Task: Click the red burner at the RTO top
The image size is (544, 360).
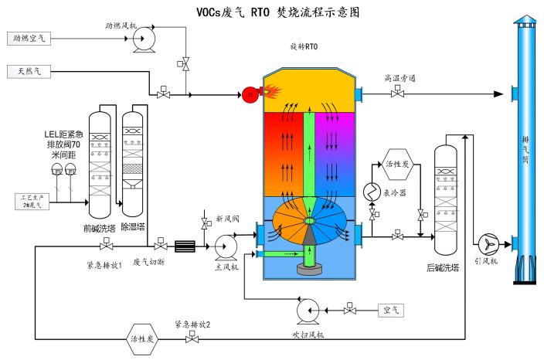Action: click(250, 96)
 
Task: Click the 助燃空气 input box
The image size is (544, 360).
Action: click(29, 37)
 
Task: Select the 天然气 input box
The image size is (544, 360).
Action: click(29, 72)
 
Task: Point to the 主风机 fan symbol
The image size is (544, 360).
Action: click(223, 247)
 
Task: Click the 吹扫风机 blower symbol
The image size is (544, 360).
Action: click(308, 311)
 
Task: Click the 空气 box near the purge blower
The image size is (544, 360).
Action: click(390, 311)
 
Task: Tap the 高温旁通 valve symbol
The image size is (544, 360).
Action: click(396, 94)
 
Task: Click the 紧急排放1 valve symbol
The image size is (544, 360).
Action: click(104, 246)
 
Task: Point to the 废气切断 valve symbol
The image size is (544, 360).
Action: click(161, 246)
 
